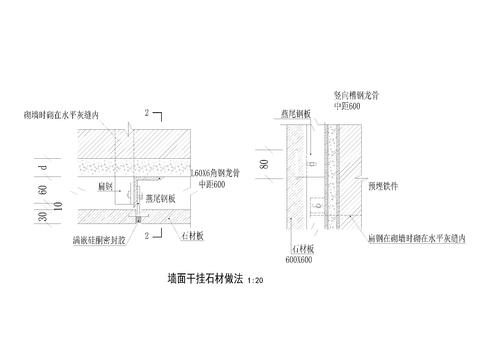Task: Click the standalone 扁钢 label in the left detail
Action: tap(102, 186)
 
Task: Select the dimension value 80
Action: tap(265, 162)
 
